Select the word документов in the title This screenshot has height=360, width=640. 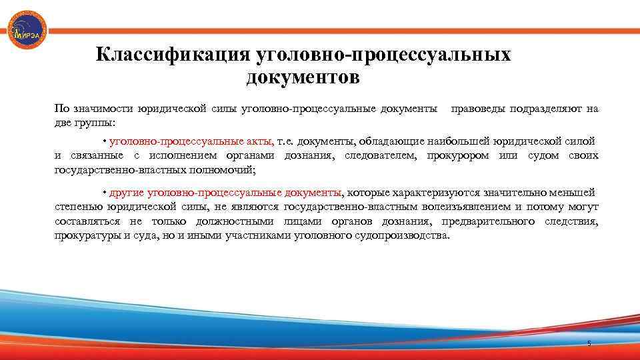[303, 78]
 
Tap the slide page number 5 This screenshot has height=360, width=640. [589, 343]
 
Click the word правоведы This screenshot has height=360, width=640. [479, 109]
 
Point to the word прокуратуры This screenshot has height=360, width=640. [87, 236]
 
